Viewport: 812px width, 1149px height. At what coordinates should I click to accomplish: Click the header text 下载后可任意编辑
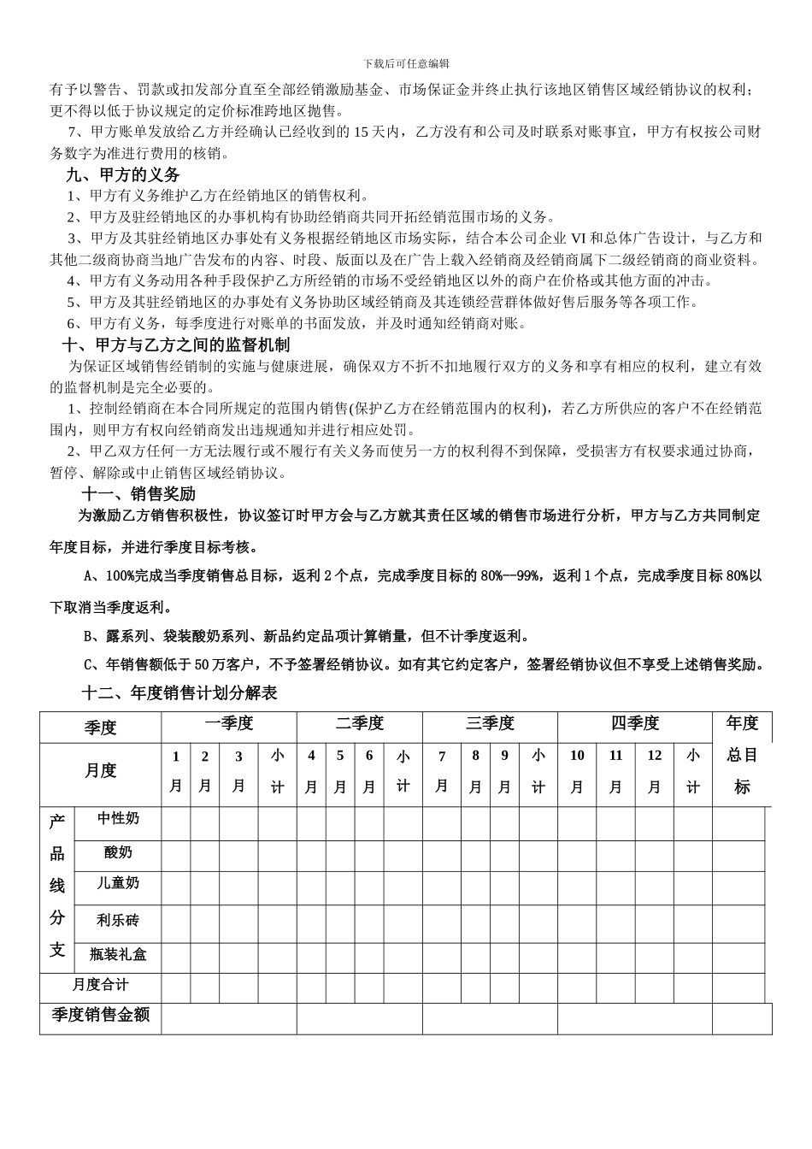click(406, 63)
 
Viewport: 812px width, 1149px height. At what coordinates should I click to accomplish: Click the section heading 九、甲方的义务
click(123, 174)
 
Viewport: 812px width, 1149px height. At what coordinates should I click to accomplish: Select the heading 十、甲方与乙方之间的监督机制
click(178, 345)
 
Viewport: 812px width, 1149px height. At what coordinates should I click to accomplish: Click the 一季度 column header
click(229, 724)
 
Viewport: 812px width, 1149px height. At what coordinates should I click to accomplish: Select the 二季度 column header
click(360, 724)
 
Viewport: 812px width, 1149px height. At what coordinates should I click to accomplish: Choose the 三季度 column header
click(490, 724)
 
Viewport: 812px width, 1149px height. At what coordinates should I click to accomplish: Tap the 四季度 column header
click(635, 724)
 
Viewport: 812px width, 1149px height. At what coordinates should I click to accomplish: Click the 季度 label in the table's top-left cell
click(100, 728)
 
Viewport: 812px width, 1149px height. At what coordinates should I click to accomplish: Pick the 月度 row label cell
click(100, 771)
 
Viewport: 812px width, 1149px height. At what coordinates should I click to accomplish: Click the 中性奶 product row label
click(118, 818)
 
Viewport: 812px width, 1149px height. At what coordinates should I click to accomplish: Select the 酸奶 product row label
click(118, 852)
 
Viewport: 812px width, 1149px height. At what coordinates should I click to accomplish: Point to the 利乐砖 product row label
click(118, 920)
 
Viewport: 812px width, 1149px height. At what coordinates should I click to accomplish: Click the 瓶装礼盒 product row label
click(118, 954)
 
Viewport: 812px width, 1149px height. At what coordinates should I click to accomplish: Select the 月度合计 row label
click(100, 985)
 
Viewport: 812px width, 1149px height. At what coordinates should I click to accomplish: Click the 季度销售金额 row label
click(100, 1015)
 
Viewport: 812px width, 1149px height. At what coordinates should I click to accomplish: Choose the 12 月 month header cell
click(654, 771)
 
